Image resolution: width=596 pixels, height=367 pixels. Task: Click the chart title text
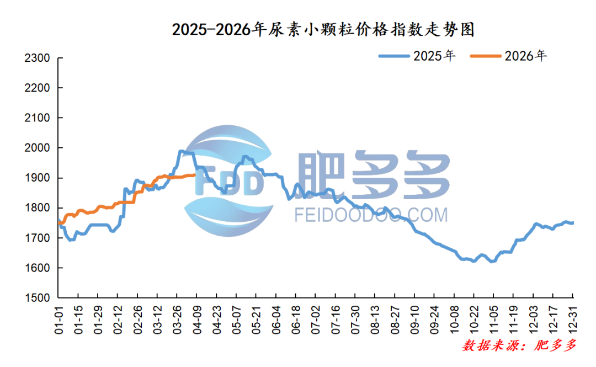(323, 29)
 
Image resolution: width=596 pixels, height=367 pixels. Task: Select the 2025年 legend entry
(417, 56)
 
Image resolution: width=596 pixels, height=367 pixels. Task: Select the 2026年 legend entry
(508, 56)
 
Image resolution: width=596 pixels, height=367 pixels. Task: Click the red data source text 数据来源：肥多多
(519, 346)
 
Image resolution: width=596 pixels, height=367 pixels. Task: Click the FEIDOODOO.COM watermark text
(371, 214)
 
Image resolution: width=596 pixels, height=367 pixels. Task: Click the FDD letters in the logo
(228, 184)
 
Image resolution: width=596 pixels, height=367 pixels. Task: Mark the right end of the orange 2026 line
(194, 175)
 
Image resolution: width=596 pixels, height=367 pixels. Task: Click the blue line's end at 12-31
(573, 223)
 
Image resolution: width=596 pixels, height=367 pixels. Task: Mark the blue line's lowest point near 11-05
(491, 262)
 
